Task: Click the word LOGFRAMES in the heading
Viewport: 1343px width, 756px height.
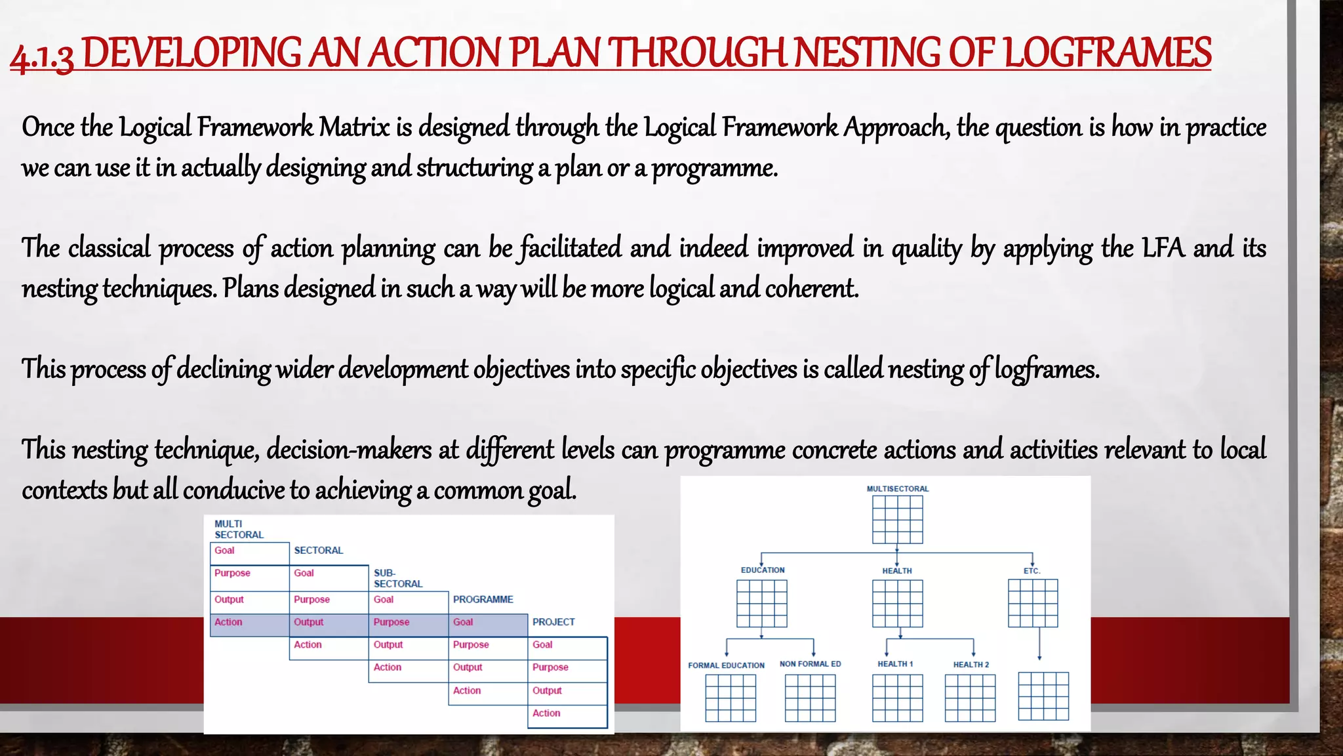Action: tap(1107, 52)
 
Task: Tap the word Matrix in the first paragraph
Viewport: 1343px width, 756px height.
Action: tap(354, 127)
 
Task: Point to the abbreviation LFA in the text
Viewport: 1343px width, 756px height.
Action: tap(1163, 248)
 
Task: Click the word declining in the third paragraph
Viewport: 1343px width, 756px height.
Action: tap(224, 369)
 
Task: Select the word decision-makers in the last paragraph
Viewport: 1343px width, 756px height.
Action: tap(349, 450)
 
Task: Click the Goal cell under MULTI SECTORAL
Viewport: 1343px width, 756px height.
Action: tap(249, 551)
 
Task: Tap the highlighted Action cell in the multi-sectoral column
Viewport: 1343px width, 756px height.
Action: tap(249, 623)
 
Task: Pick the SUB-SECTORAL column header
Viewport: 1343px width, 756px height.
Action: tap(397, 578)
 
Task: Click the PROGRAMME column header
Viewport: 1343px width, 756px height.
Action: tap(483, 600)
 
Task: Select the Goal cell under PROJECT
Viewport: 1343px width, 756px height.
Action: tap(567, 646)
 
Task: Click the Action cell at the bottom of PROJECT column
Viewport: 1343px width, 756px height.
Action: tap(567, 714)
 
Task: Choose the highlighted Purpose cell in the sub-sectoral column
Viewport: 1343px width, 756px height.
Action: tap(408, 623)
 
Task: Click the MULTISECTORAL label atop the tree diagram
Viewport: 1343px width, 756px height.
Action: tap(897, 489)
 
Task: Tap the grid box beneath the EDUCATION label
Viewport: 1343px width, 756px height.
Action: tap(761, 604)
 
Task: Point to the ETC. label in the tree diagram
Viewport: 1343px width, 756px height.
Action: tap(1032, 571)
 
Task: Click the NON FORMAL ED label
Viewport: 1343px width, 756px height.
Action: tap(810, 664)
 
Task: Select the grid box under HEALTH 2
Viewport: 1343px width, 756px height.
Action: tap(970, 698)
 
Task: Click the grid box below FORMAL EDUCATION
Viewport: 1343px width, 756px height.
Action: tap(731, 698)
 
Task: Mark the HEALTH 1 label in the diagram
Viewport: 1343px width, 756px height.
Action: tap(895, 664)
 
